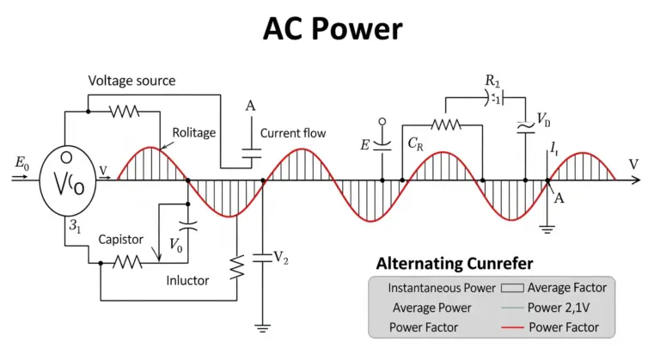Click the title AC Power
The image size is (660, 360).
[333, 29]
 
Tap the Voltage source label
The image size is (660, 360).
[131, 81]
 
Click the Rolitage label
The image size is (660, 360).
[194, 133]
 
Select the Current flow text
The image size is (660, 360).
[293, 133]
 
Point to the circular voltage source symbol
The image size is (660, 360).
[68, 181]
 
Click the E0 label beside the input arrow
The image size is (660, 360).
[21, 163]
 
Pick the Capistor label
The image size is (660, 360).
[121, 240]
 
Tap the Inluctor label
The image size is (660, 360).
[187, 280]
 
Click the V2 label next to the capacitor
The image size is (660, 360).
[281, 257]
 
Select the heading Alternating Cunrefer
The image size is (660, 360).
[455, 264]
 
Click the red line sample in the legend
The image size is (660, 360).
[512, 327]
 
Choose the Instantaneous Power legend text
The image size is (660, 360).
[442, 288]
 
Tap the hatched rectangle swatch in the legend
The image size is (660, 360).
[512, 288]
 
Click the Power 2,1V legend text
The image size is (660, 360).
[559, 308]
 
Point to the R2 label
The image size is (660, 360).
[492, 81]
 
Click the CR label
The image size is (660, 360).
[415, 144]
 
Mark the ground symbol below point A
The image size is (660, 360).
[547, 229]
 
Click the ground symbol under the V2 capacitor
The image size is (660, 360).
[262, 328]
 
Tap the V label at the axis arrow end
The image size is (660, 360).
[633, 164]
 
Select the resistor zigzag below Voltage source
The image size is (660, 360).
[124, 112]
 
